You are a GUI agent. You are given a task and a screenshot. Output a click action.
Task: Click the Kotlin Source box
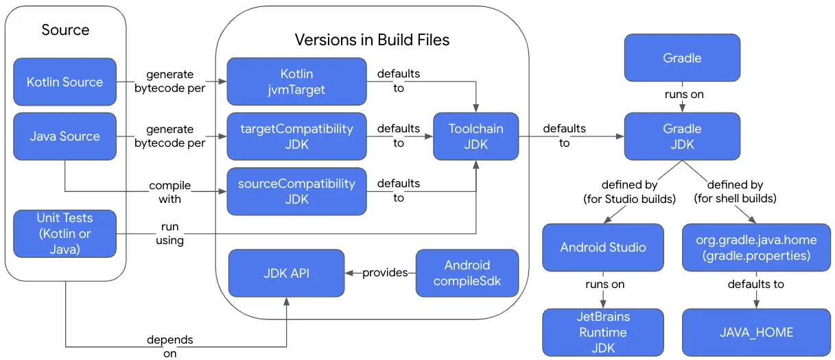pos(65,82)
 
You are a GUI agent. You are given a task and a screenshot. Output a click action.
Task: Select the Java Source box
pos(65,136)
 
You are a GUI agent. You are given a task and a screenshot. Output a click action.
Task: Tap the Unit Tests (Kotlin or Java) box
pos(65,234)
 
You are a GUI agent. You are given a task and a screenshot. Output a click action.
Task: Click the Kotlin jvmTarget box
pos(296,82)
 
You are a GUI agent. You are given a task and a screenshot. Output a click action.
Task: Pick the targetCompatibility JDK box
pos(296,136)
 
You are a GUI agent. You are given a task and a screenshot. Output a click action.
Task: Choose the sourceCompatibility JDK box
pos(296,191)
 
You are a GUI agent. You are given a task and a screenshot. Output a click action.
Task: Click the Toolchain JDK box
pos(475,136)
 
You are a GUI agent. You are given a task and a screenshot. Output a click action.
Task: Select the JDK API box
pos(286,273)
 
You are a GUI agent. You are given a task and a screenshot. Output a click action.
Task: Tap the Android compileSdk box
pos(467,273)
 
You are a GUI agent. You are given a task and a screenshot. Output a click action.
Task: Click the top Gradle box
pos(682,58)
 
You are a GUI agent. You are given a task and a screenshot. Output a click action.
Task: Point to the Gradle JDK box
pos(682,136)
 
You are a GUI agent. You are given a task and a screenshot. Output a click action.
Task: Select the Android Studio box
pos(603,247)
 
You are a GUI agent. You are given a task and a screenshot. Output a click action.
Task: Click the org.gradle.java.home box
pos(755,247)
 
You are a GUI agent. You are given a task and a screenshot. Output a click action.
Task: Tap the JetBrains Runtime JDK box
pos(603,332)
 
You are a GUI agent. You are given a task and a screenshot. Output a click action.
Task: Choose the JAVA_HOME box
pos(755,332)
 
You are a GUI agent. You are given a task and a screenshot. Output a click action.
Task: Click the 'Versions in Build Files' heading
pos(372,40)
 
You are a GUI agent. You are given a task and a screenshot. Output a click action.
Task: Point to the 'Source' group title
pos(65,29)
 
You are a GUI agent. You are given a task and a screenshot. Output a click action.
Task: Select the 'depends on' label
pos(170,346)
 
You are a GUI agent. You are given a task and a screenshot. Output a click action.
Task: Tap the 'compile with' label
pos(170,192)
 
